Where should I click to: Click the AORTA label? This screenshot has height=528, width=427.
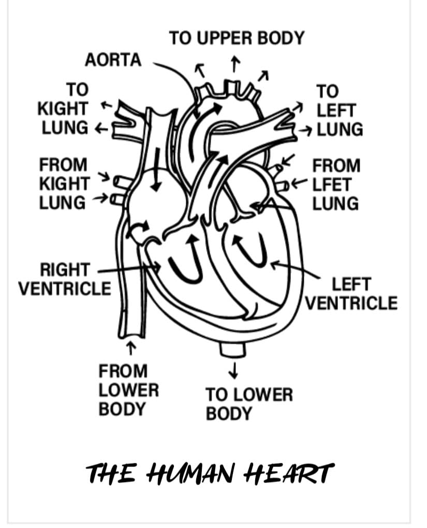coord(113,60)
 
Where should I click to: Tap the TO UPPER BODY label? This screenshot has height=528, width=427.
coord(237,38)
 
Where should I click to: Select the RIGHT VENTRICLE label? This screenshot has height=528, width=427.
coord(65,279)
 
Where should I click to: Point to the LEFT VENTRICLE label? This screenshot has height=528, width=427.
coord(351,293)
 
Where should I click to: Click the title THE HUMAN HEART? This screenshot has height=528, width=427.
coord(210,472)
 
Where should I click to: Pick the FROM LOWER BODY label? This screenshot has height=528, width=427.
coord(128,389)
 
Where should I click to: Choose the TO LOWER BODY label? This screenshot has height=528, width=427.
coord(249,404)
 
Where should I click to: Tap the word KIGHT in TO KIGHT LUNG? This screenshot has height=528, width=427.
coord(63,109)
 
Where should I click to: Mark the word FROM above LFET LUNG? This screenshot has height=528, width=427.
coord(336,165)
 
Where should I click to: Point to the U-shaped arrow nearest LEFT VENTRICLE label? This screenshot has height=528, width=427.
coord(251,249)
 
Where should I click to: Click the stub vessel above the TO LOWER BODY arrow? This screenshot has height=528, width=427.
coord(232,350)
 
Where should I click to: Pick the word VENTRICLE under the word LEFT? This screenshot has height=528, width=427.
coord(351,303)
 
